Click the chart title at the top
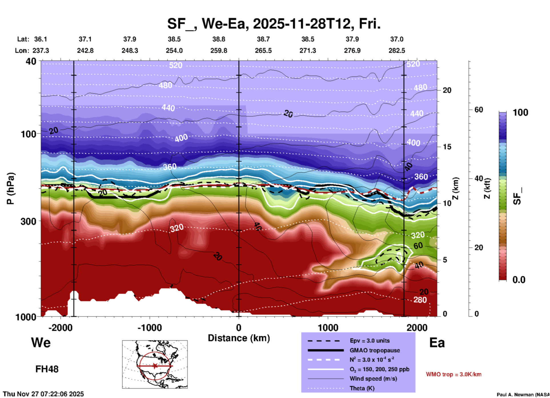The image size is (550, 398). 274,23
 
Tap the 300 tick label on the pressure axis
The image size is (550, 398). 28,221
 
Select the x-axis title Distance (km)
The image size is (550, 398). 239,338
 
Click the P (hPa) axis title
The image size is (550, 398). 10,188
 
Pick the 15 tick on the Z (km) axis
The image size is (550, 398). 447,147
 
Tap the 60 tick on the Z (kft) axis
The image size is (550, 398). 479,110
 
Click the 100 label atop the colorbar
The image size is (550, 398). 520,112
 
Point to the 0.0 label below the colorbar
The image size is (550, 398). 519,280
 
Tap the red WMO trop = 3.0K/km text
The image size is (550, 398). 453,374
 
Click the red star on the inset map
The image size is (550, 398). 155,366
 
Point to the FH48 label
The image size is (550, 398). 47,369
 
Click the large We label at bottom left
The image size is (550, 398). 41,343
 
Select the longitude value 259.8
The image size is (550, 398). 219,51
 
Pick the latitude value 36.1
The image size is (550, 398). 41,39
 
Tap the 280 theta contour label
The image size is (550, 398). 420,300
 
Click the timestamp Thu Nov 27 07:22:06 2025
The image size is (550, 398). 43,394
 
